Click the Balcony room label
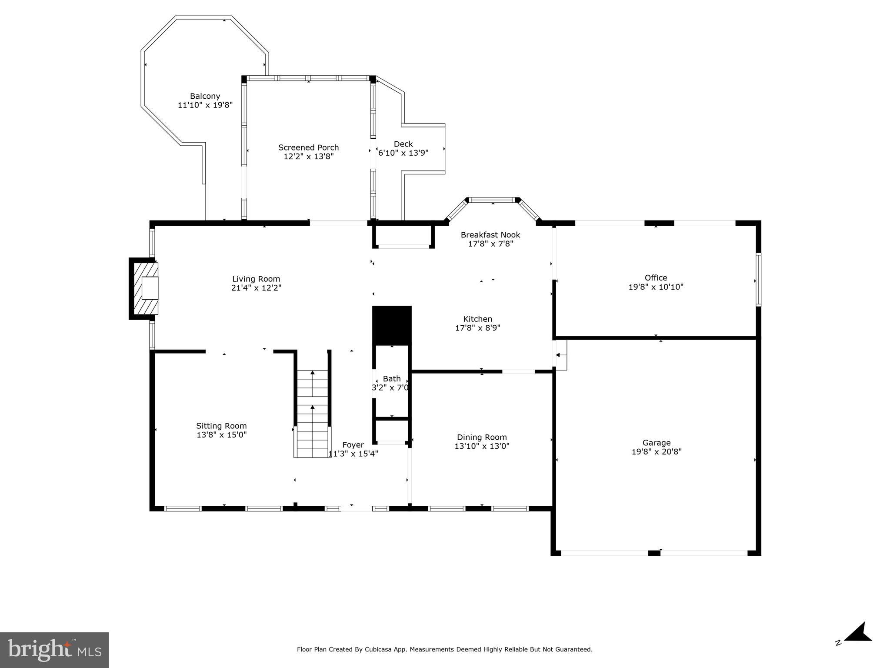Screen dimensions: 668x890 pos(205,96)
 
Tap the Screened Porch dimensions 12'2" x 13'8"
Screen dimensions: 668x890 pos(308,157)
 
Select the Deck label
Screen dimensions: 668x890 pos(403,144)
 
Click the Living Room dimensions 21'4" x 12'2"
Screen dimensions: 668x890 pos(256,288)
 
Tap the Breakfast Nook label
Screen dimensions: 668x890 pos(490,235)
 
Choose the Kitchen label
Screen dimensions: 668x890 pos(477,319)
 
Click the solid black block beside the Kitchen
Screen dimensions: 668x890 pos(392,324)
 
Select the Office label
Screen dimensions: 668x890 pos(656,277)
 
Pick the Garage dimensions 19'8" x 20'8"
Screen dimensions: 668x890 pos(656,452)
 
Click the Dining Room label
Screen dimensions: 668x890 pos(481,437)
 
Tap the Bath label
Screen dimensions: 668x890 pos(391,379)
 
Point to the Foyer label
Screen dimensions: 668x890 pos(353,445)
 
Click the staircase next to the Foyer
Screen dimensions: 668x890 pos(312,413)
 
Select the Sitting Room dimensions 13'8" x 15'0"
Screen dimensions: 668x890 pos(221,435)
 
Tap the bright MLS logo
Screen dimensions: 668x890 pos(54,650)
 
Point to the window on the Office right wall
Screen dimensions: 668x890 pos(758,280)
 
